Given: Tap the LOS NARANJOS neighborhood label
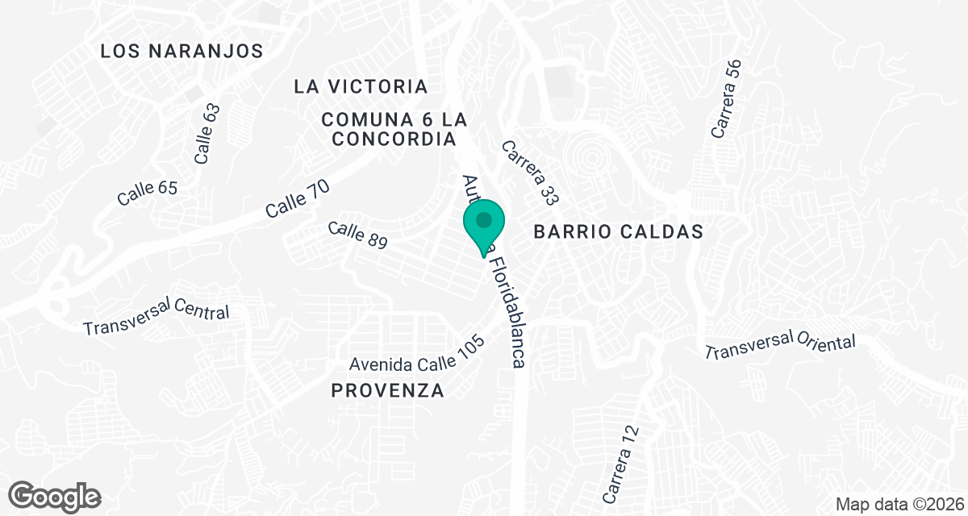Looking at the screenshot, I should tap(181, 52).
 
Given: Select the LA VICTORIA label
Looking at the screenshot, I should tap(361, 86).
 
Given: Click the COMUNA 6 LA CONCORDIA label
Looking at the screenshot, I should tap(394, 129).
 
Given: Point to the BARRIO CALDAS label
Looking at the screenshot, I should tap(619, 232).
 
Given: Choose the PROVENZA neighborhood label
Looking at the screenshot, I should tap(388, 391).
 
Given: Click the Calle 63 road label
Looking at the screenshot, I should tap(207, 134).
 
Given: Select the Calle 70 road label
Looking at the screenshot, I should tap(298, 198).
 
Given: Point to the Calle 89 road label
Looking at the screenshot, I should tap(358, 235).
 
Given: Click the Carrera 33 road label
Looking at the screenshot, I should tap(530, 172).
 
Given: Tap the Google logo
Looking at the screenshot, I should tap(54, 496).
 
